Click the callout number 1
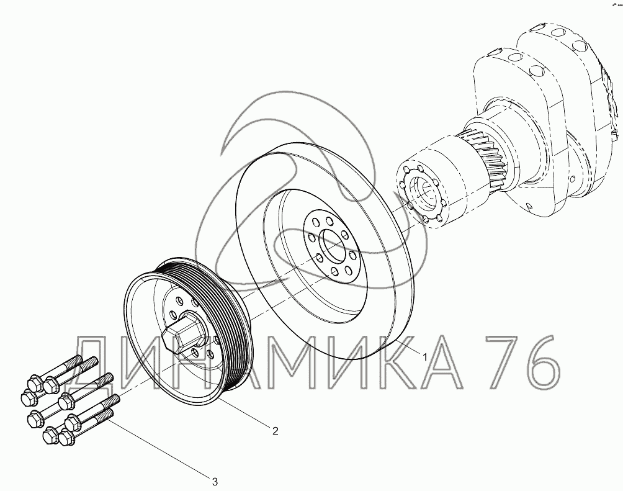(424, 357)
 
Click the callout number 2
(275, 431)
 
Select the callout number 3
(215, 482)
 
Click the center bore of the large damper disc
(333, 245)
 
